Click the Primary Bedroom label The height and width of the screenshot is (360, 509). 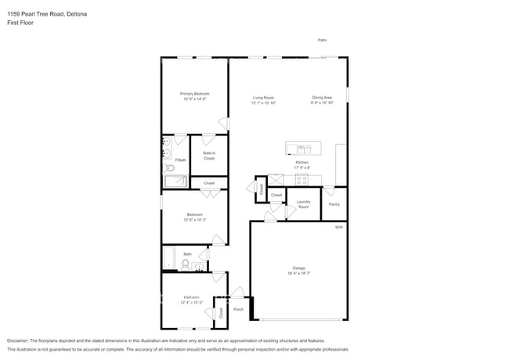pyautogui.click(x=195, y=93)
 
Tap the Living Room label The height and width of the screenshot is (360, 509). pyautogui.click(x=262, y=97)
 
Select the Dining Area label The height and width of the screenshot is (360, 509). pyautogui.click(x=322, y=97)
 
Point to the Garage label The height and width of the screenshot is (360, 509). pyautogui.click(x=298, y=268)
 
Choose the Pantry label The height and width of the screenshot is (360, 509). pyautogui.click(x=334, y=204)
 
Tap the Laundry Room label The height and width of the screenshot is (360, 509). pyautogui.click(x=303, y=204)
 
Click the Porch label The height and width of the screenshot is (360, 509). pyautogui.click(x=238, y=309)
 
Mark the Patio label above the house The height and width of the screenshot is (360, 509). pyautogui.click(x=322, y=39)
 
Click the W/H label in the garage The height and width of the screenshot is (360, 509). pyautogui.click(x=339, y=227)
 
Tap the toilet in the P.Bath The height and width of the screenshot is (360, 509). pyautogui.click(x=169, y=167)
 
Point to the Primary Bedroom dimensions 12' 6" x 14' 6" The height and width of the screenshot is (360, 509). pyautogui.click(x=195, y=99)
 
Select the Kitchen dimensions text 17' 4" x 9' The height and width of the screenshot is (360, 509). pyautogui.click(x=301, y=167)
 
